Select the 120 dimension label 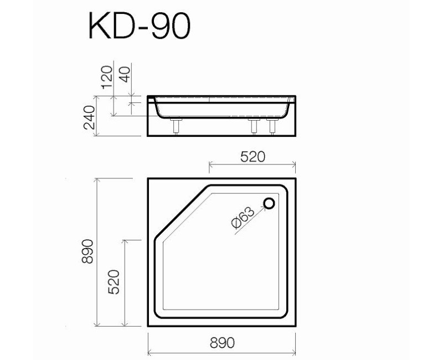coord(106,76)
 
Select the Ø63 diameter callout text coord(242,217)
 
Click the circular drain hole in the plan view coord(270,203)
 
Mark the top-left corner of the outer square coord(148,178)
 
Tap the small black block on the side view coord(152,99)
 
